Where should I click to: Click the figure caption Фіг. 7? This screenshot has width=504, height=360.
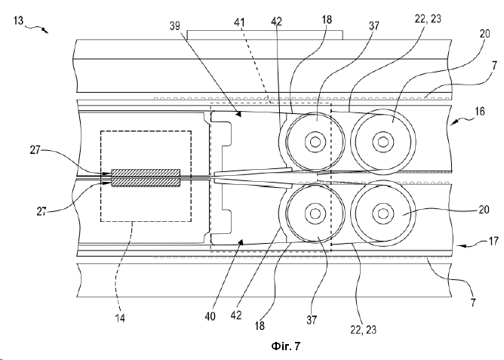pos(285,346)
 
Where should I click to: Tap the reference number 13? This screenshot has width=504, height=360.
pos(19,20)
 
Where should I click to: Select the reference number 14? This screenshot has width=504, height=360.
pos(120,318)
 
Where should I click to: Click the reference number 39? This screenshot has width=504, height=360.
pos(175,26)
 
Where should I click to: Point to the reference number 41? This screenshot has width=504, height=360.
pos(239,23)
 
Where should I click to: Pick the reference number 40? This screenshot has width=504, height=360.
pos(210,317)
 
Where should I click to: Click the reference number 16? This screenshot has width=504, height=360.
pos(479,111)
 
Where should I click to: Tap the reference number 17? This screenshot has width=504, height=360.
pos(493,241)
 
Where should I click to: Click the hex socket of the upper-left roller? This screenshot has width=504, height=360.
pos(315,141)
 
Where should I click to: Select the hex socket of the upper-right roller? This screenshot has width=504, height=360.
pos(383,141)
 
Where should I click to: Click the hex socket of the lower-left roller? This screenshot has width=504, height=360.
pos(315,213)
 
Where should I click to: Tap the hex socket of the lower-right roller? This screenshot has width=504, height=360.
pos(383,213)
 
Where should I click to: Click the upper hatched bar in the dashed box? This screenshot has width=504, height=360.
pos(146,173)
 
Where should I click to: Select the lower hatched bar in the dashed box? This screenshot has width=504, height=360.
pos(146,183)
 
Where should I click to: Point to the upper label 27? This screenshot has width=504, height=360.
pos(35,149)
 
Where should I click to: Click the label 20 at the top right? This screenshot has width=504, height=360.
pos(484,33)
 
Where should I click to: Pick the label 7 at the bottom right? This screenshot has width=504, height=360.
pos(473,303)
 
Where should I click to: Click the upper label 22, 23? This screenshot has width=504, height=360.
pos(428,19)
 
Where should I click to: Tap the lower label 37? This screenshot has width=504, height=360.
pos(312,320)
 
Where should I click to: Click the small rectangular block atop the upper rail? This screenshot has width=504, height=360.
pos(265,35)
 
